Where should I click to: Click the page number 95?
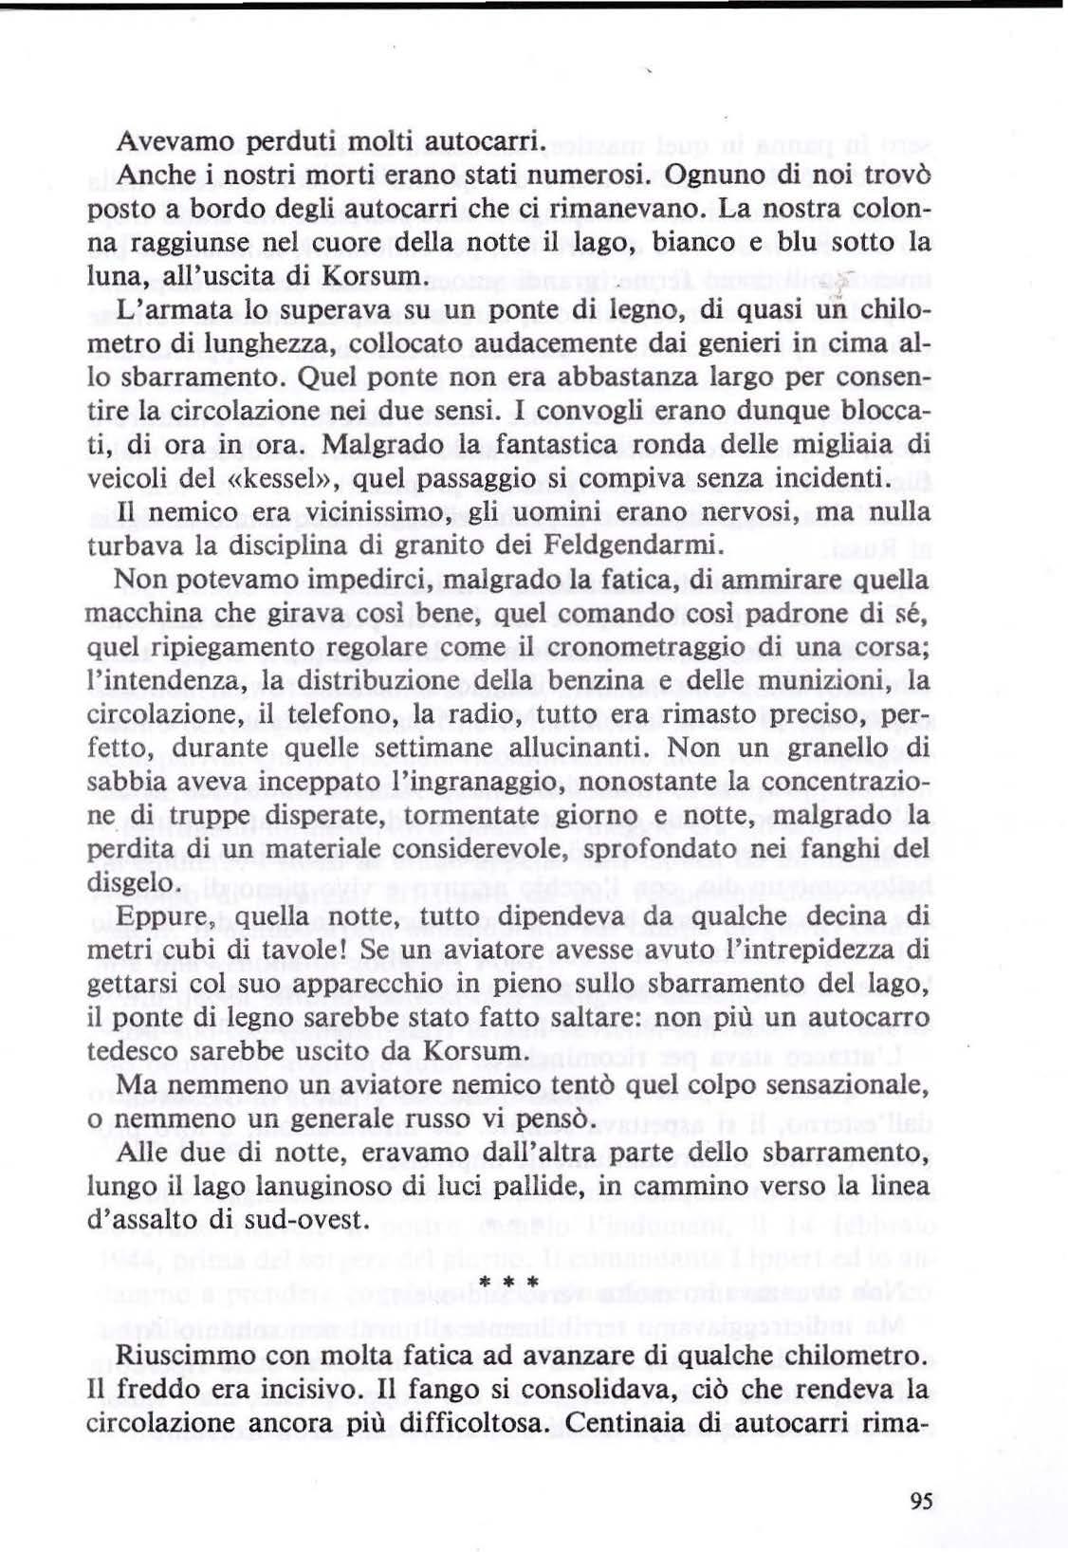point(921,1501)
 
